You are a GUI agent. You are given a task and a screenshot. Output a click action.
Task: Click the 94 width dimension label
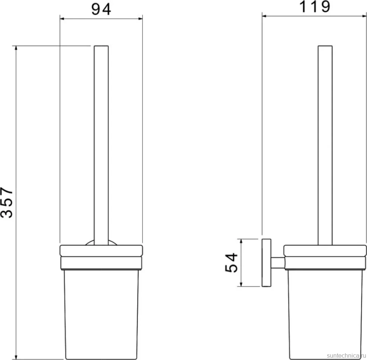click(x=101, y=9)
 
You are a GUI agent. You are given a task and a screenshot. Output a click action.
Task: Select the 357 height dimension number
click(x=7, y=203)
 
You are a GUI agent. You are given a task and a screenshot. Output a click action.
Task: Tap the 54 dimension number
click(x=231, y=262)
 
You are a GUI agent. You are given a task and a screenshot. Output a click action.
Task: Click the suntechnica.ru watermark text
click(x=346, y=355)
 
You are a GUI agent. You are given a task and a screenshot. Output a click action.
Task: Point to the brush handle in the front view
click(x=101, y=145)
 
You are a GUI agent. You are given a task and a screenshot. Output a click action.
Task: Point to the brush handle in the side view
click(x=325, y=145)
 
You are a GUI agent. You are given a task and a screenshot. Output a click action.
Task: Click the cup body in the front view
click(x=101, y=314)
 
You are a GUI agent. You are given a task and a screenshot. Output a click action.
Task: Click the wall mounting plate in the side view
click(x=266, y=263)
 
